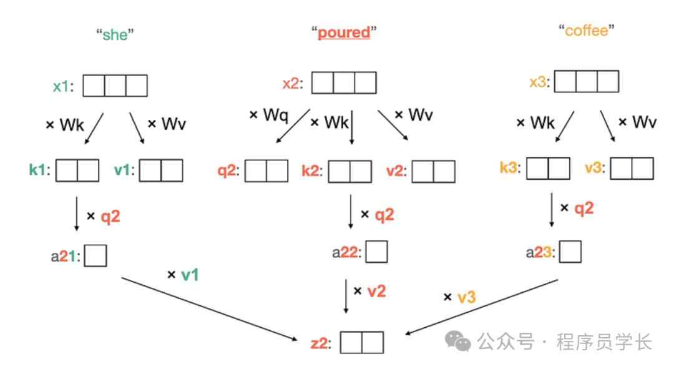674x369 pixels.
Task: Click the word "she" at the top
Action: (115, 34)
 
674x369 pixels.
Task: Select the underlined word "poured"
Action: (344, 32)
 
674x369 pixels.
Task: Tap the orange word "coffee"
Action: (586, 31)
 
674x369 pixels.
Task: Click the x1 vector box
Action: (115, 86)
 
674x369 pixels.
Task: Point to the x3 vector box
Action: (587, 82)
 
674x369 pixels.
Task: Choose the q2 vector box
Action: (266, 171)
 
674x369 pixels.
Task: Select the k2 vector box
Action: (350, 171)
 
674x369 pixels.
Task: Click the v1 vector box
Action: (161, 170)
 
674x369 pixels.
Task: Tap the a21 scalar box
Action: (95, 255)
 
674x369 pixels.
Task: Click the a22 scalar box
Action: (376, 252)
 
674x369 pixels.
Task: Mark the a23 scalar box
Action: (570, 252)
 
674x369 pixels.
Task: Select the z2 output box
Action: (361, 343)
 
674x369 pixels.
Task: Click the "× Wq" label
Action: (268, 115)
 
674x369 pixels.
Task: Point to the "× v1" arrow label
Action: (183, 274)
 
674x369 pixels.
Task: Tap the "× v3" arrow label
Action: (460, 297)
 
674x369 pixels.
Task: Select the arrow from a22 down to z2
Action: (347, 296)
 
